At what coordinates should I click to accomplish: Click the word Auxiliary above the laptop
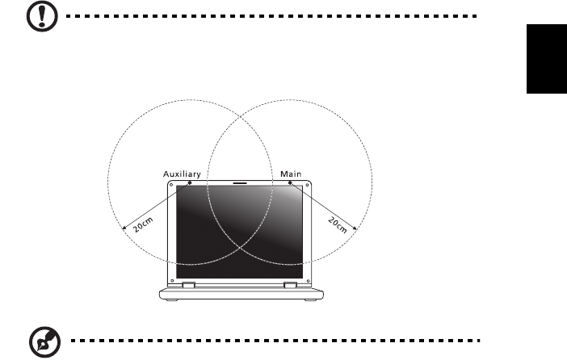pyautogui.click(x=183, y=174)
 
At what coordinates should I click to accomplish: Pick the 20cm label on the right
pyautogui.click(x=338, y=224)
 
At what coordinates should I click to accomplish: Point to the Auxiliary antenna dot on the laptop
pyautogui.click(x=190, y=183)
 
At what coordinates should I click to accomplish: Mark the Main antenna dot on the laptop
pyautogui.click(x=291, y=183)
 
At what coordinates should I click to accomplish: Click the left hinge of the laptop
pyautogui.click(x=187, y=285)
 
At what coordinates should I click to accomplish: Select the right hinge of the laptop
pyautogui.click(x=290, y=285)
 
